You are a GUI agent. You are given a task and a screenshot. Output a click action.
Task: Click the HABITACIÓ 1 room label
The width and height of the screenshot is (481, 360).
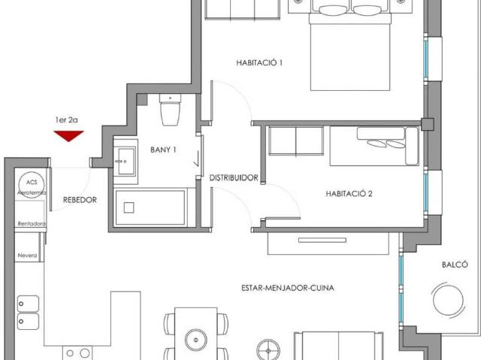pyautogui.click(x=259, y=63)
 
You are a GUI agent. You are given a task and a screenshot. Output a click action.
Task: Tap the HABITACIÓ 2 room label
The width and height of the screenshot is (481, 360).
pyautogui.click(x=349, y=193)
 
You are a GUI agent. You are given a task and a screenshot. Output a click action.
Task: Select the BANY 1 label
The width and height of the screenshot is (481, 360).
pyautogui.click(x=163, y=150)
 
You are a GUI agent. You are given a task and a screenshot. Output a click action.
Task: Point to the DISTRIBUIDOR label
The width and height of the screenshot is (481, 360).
pyautogui.click(x=234, y=178)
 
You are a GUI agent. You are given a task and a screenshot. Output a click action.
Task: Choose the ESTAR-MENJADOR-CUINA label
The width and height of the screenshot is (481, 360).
pyautogui.click(x=288, y=288)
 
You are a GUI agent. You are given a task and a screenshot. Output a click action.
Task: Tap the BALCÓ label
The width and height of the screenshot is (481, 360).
pyautogui.click(x=455, y=264)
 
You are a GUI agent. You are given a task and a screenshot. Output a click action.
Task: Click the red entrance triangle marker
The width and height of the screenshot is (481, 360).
pyautogui.click(x=69, y=135)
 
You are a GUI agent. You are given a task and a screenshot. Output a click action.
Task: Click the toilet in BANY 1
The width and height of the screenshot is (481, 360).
pyautogui.click(x=171, y=111)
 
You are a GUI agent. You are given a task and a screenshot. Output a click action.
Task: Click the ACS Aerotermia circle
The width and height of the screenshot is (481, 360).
pyautogui.click(x=31, y=185)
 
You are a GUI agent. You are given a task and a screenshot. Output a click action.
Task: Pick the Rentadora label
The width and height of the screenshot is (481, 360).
pyautogui.click(x=32, y=224)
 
